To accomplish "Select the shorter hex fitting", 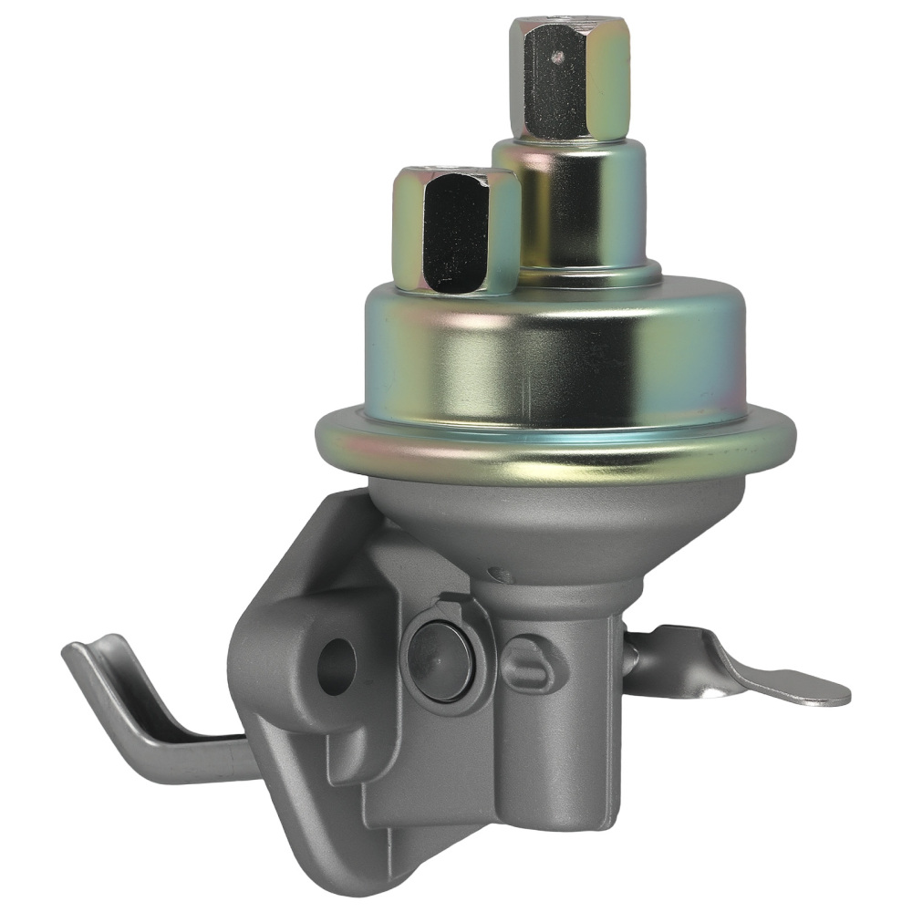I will point(454,230).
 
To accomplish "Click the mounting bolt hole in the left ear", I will point(336,665).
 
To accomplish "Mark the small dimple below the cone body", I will point(498,575).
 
